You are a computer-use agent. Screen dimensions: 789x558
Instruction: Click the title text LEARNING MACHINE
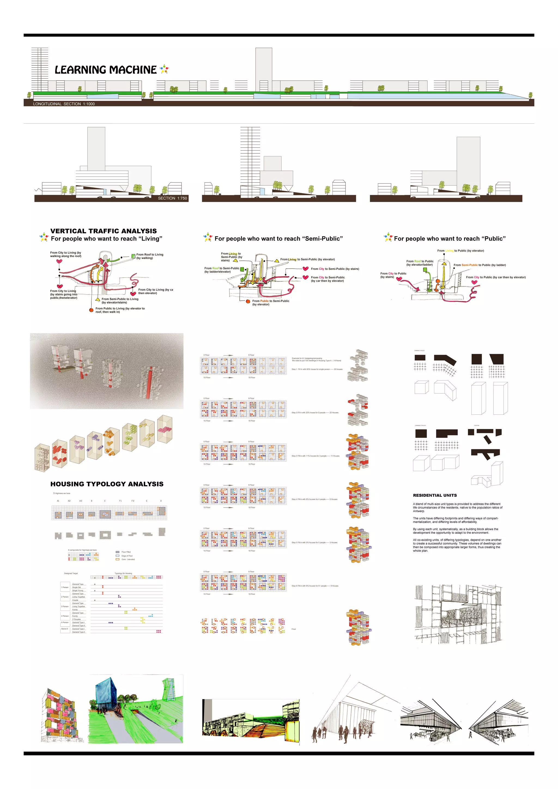point(105,70)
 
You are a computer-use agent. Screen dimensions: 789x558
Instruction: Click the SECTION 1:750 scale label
point(172,198)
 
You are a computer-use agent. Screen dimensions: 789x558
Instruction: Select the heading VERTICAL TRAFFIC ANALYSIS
point(104,231)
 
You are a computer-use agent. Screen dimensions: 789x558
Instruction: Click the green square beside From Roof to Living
point(133,256)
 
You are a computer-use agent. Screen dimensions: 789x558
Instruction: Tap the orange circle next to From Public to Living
point(91,310)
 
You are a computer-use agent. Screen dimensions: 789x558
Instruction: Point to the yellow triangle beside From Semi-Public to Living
point(98,300)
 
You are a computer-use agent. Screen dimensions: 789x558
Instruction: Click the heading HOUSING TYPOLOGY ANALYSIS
point(107,484)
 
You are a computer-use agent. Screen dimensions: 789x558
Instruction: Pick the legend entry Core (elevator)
point(128,559)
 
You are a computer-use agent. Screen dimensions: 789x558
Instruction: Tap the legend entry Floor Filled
point(126,552)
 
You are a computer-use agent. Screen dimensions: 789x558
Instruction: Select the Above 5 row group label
point(64,629)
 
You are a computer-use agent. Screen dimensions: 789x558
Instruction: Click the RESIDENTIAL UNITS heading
point(435,495)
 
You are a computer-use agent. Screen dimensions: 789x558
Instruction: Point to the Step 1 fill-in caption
point(317,369)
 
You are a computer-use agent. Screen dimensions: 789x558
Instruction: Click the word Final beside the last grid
point(293,629)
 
